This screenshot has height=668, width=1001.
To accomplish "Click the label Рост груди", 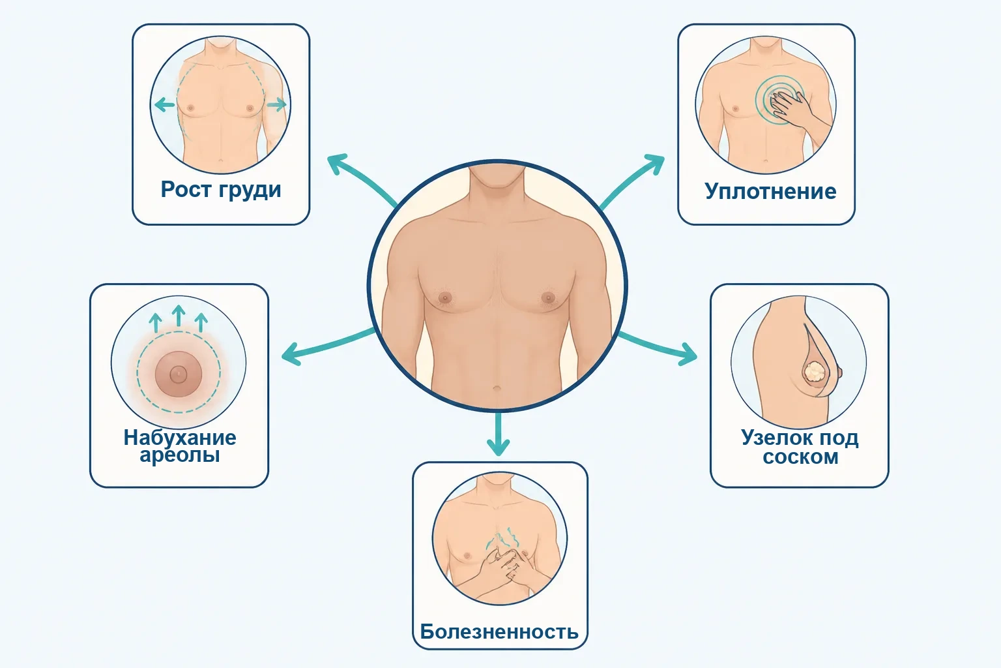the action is coord(221,190).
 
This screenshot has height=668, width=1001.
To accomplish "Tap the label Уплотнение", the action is coord(770,192).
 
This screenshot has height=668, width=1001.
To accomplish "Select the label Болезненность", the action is coord(499,631).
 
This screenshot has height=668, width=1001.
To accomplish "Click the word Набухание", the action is coord(180,437).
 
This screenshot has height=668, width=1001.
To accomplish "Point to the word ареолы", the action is coord(180,455).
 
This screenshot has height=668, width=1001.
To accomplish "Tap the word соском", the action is coord(800,457).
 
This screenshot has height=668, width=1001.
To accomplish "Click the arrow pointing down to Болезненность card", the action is coord(499,434).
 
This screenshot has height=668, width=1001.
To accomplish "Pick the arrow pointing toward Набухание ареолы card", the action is coord(328,347).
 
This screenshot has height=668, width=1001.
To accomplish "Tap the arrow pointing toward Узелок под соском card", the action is coord(657,347).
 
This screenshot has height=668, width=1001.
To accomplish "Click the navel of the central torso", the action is coord(497,388).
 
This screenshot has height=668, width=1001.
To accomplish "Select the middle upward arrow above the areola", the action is coord(179,316).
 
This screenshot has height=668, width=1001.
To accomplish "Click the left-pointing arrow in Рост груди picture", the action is coord(164,105).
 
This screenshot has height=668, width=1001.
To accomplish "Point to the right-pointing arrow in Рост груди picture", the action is coord(276,105).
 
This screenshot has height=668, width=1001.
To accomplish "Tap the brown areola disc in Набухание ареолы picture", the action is coord(179,374).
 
